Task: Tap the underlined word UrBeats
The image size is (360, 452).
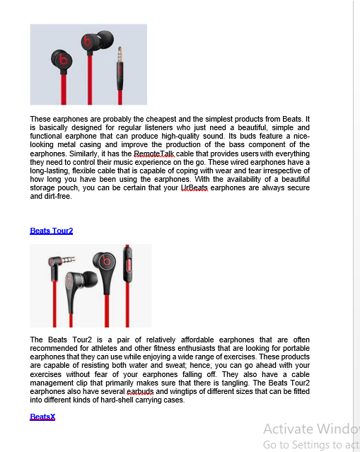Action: [194, 188]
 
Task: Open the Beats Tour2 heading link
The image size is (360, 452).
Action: [51, 231]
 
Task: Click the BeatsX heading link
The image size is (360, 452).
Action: [42, 417]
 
